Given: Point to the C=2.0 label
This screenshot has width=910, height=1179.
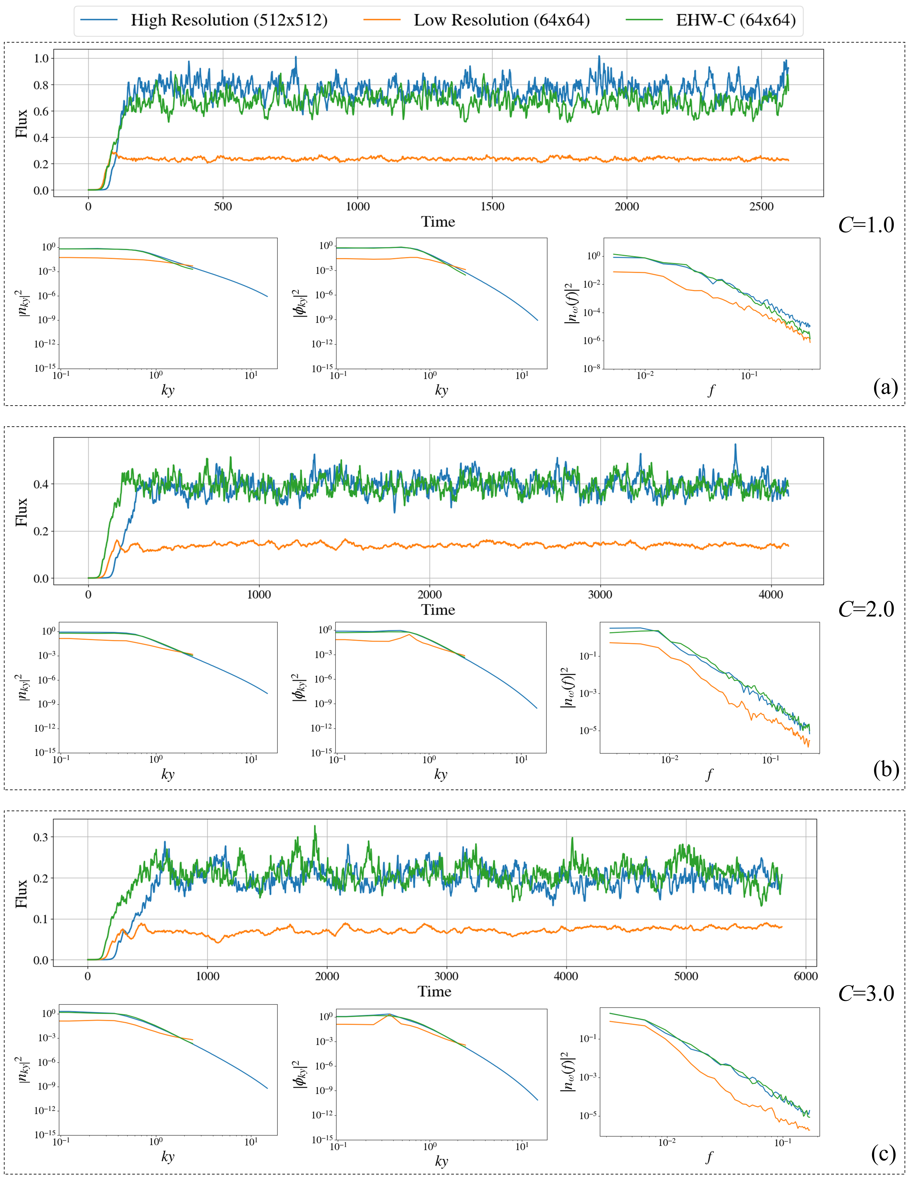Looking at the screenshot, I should click(866, 610).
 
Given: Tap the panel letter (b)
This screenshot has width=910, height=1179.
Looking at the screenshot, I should click(885, 769).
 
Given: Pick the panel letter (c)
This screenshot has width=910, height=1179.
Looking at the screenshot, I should click(884, 1154).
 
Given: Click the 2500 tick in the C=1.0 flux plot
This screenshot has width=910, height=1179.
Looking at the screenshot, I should click(761, 207).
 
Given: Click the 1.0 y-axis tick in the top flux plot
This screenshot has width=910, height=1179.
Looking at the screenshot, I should click(41, 58).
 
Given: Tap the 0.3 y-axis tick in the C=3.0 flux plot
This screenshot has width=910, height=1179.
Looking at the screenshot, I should click(41, 837).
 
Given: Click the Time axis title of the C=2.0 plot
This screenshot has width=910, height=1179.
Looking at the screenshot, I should click(438, 610).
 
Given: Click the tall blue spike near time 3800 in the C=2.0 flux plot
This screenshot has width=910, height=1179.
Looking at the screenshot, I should click(735, 445).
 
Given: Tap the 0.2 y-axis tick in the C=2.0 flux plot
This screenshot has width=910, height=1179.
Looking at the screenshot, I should click(41, 531).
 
